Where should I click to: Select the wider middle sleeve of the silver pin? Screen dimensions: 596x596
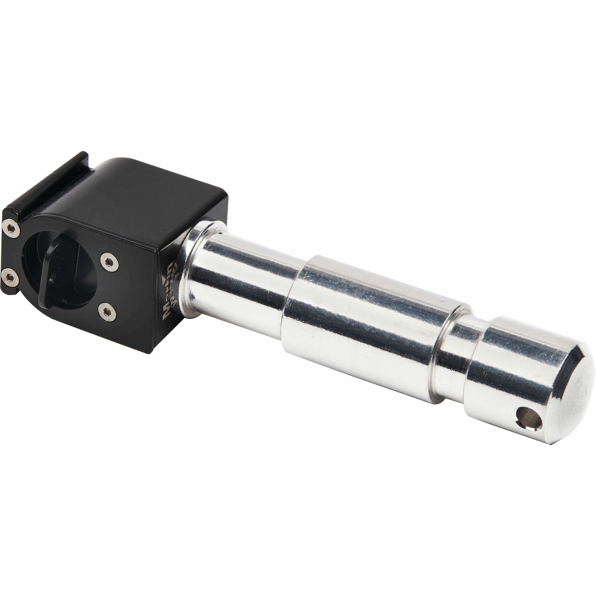pyautogui.click(x=364, y=324)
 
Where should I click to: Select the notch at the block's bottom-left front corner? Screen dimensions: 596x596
pyautogui.click(x=9, y=291)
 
